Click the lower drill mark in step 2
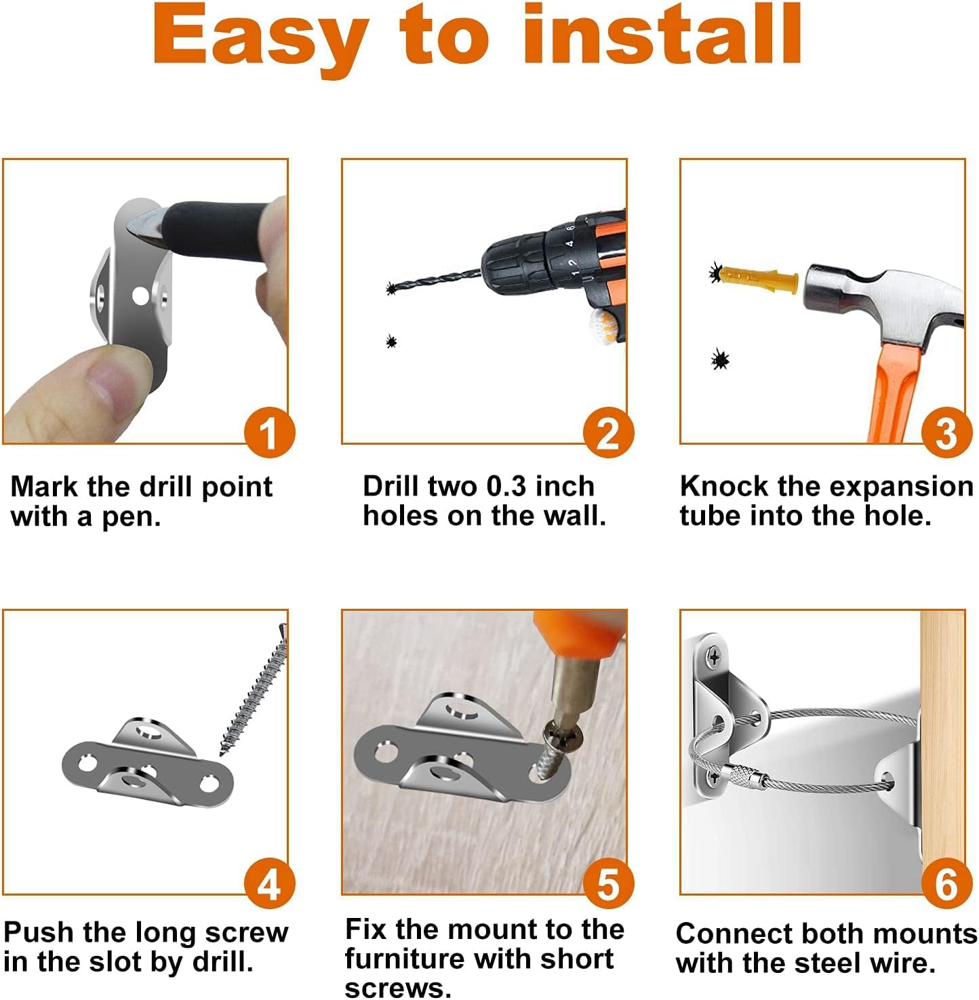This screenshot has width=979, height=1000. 391,341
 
